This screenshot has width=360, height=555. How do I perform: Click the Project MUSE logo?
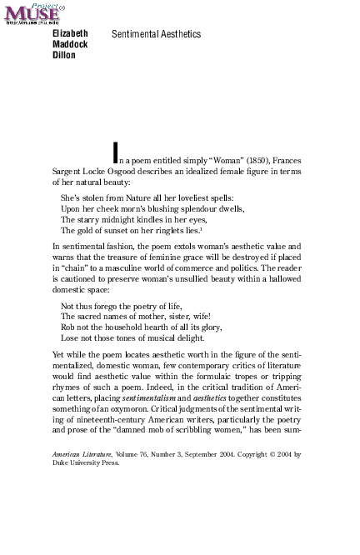32,13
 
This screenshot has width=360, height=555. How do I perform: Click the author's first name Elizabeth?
71,34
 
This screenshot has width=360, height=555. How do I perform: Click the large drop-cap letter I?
116,152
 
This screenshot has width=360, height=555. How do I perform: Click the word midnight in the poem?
117,220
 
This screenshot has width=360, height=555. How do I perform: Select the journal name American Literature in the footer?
81,454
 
